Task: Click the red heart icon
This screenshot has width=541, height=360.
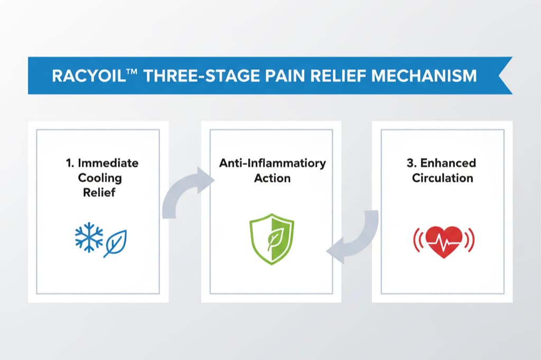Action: pyautogui.click(x=444, y=241)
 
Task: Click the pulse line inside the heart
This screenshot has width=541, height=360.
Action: pyautogui.click(x=444, y=240)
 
